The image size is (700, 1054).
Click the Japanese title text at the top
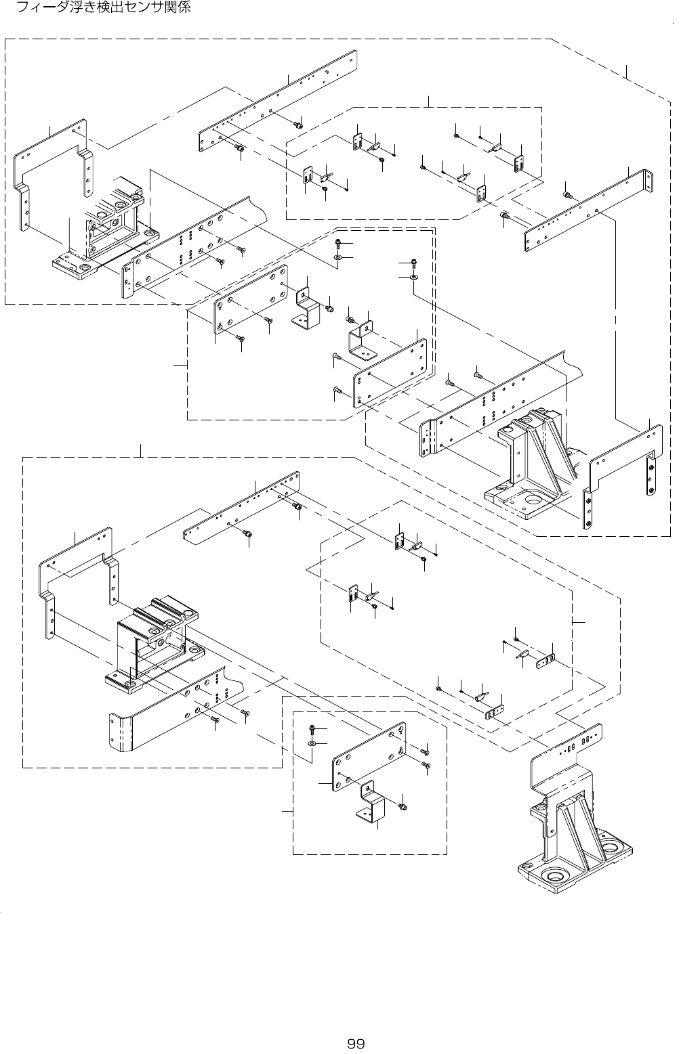(104, 9)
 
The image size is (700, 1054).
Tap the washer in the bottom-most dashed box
(311, 743)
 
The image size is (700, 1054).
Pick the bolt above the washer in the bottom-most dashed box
(311, 728)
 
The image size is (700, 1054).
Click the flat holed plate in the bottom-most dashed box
(368, 757)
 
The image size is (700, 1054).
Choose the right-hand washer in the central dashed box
(413, 277)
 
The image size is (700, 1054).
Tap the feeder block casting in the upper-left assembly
(112, 223)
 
